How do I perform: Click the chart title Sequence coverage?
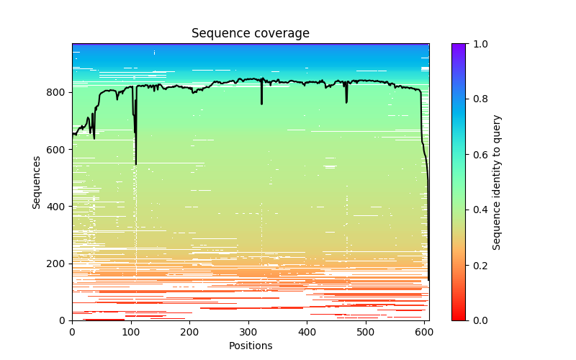tap(251, 34)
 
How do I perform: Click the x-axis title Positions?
tap(251, 346)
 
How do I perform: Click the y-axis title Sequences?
tap(37, 182)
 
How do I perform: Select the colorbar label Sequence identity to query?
tap(498, 182)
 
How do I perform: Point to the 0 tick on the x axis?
tap(72, 332)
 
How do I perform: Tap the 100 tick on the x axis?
tap(131, 332)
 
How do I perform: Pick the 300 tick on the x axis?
tap(248, 332)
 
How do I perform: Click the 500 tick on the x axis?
tap(366, 332)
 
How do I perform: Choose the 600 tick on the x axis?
tap(425, 332)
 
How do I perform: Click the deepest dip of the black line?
tap(135, 164)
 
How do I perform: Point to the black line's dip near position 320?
tap(261, 104)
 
